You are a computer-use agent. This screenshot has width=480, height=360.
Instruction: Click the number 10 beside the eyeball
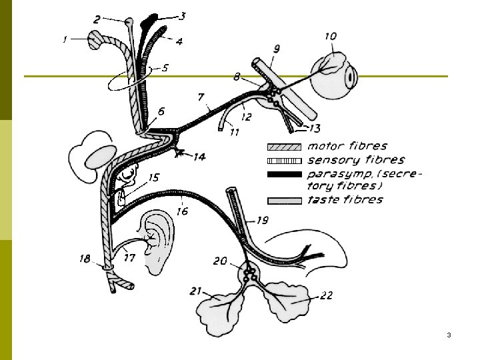point(331,36)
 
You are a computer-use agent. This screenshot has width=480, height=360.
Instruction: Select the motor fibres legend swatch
point(285,147)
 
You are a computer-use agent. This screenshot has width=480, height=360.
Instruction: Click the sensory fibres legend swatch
point(285,161)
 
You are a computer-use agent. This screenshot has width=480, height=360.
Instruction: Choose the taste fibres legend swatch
point(285,200)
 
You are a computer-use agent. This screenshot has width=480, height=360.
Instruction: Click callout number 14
point(199,157)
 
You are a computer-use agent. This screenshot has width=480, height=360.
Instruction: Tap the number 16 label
point(182,211)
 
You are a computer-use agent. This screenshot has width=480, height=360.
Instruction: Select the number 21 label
point(195,290)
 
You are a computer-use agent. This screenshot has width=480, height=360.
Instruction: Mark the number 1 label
point(65,40)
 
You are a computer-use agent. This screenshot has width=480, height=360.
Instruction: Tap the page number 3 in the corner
point(449,334)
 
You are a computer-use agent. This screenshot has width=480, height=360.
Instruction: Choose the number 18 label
point(85,258)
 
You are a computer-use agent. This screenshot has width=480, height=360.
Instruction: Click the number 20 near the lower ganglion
point(221,261)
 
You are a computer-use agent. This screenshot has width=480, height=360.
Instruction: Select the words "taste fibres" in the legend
point(345,199)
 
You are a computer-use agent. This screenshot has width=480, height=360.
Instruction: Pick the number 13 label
point(315,127)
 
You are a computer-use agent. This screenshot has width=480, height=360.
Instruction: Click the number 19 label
point(262,220)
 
